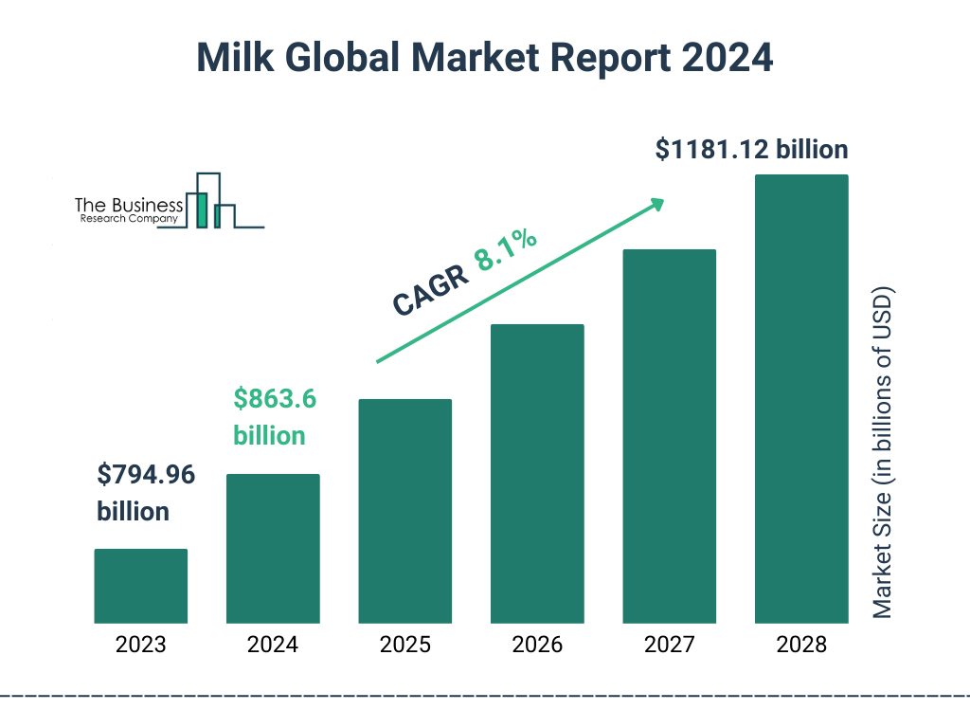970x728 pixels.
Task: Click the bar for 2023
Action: [x=140, y=586]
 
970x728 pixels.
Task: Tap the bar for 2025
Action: [x=404, y=511]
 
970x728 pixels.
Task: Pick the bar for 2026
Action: [x=537, y=474]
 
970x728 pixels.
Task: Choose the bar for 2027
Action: [x=669, y=436]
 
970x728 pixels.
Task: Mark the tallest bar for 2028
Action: [x=801, y=399]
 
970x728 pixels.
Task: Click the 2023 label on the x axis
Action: [x=140, y=646]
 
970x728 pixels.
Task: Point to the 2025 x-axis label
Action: [x=404, y=646]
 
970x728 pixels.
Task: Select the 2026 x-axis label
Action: [x=537, y=646]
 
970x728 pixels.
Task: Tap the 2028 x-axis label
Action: [x=801, y=646]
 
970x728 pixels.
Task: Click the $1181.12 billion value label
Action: [x=751, y=150]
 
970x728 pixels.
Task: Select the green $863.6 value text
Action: [x=275, y=398]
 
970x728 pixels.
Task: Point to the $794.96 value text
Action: [x=146, y=474]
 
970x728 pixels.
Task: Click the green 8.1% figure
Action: [x=506, y=250]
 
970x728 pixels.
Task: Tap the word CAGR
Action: [x=430, y=290]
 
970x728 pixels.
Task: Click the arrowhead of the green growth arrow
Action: [x=657, y=204]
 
